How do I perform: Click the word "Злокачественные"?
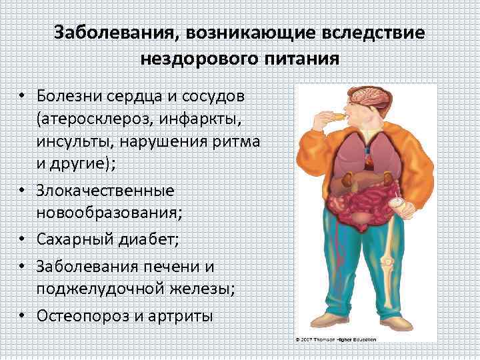click(x=107, y=190)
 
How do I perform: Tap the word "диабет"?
click(x=145, y=238)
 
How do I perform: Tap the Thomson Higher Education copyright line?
click(x=336, y=340)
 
